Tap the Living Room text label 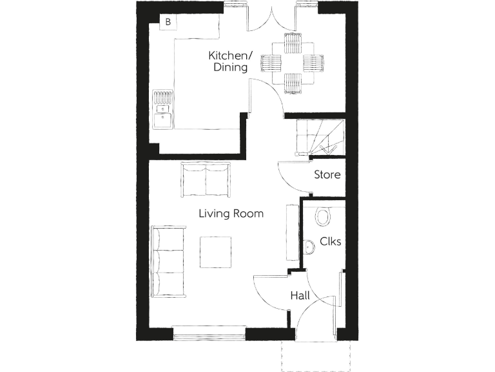point(231,214)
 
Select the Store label point(327,174)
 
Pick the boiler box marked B point(168,23)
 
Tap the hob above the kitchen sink point(163,98)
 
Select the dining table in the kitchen point(293,63)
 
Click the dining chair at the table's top point(293,42)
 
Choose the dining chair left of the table point(271,63)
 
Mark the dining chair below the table point(293,83)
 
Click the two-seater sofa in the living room point(205,179)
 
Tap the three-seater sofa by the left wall point(168,258)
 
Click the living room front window point(209,333)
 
